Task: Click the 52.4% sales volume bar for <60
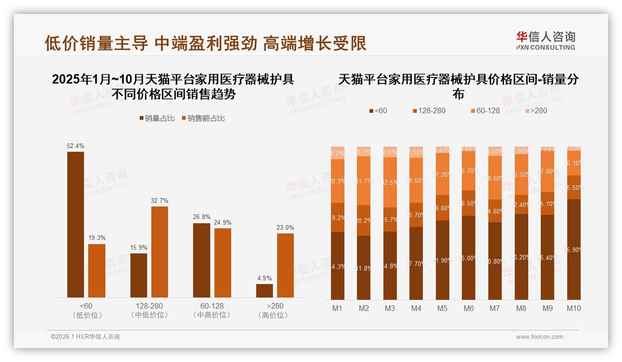[x=76, y=225]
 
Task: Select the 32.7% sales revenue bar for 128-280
[x=159, y=252]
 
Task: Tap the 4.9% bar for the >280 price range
[x=265, y=291]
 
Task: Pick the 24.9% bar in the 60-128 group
[x=222, y=263]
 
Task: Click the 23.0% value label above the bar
[x=285, y=227]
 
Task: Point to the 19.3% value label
[x=97, y=238]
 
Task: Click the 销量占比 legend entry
[x=157, y=118]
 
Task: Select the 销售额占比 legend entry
[x=203, y=118]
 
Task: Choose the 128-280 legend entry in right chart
[x=428, y=110]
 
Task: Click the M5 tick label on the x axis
[x=442, y=308]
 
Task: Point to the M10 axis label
[x=574, y=308]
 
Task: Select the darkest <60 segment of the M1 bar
[x=337, y=266]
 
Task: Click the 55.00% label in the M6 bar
[x=469, y=258]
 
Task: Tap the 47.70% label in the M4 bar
[x=416, y=264]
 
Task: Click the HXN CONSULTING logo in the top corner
[x=545, y=41]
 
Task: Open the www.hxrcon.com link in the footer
[x=539, y=337]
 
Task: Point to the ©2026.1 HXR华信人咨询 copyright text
[x=85, y=337]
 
